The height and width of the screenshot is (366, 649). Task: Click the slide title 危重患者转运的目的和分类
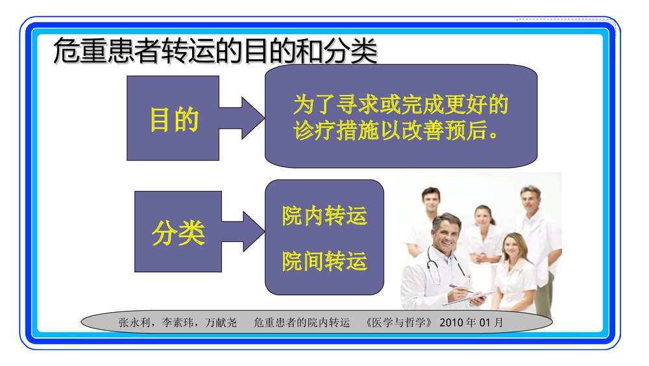tap(215, 52)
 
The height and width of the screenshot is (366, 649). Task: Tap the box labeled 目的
tap(173, 118)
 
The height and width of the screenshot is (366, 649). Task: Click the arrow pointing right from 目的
tap(242, 118)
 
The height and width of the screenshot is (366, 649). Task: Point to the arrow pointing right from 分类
tap(244, 231)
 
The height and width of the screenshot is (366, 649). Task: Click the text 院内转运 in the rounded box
tap(324, 216)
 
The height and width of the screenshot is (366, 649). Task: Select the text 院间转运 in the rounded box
tap(324, 261)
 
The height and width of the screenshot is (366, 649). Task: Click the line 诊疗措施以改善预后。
tap(396, 131)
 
